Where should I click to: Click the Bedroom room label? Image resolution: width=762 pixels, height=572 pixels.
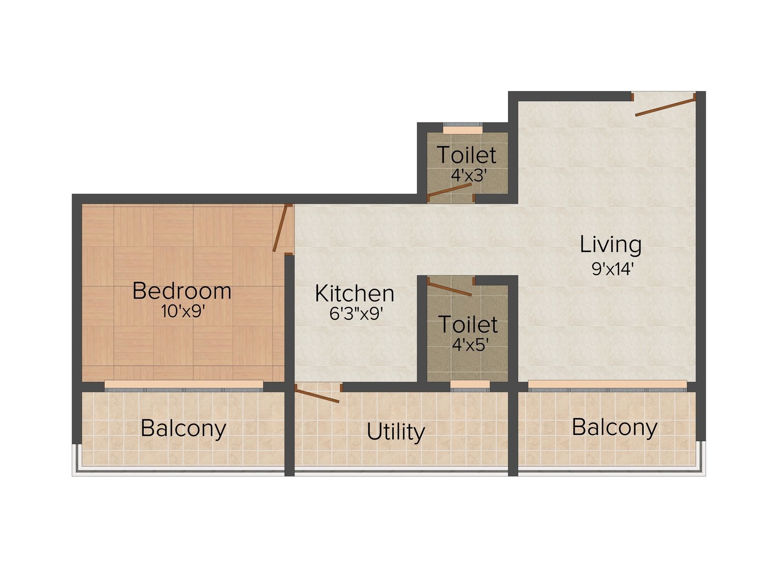[x=181, y=291]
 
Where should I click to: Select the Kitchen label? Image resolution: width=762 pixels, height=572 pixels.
[x=355, y=293]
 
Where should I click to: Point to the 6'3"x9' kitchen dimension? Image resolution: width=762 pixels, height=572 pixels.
[x=356, y=314]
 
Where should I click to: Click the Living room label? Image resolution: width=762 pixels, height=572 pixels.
[x=611, y=245]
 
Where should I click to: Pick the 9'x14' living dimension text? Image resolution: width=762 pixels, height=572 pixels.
[x=613, y=268]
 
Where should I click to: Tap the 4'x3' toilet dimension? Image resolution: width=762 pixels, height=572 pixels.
[x=467, y=175]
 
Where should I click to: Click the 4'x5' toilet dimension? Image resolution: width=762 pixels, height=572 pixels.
[x=470, y=345]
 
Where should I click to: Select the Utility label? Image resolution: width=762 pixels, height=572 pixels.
[x=396, y=432]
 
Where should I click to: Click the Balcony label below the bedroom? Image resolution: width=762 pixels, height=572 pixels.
[x=183, y=429]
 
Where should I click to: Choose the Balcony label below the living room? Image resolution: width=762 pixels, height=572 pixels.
[x=615, y=427]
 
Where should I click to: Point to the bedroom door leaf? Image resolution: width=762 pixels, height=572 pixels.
[x=280, y=228]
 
